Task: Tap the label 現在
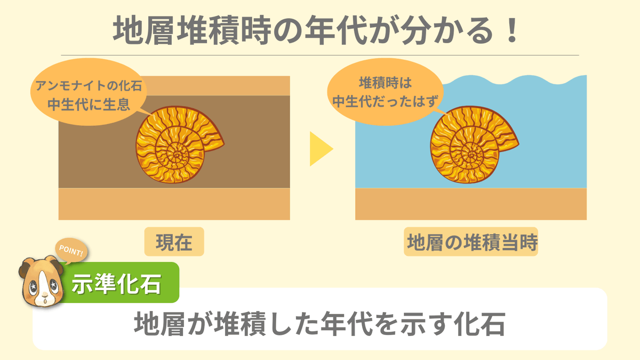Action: pyautogui.click(x=174, y=243)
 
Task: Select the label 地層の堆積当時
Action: pyautogui.click(x=471, y=243)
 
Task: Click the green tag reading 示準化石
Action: pyautogui.click(x=117, y=284)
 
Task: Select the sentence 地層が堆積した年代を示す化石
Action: pyautogui.click(x=319, y=324)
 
